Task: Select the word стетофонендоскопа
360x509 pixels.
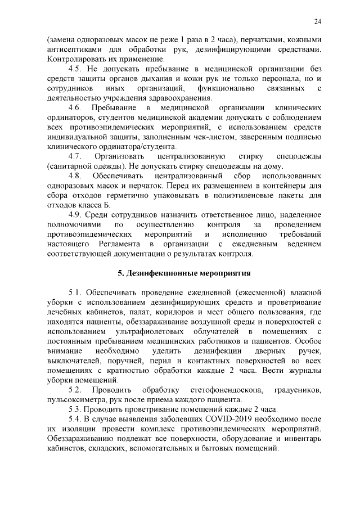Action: point(223,390)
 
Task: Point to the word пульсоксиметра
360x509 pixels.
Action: point(74,399)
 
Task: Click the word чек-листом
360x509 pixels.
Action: point(206,137)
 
